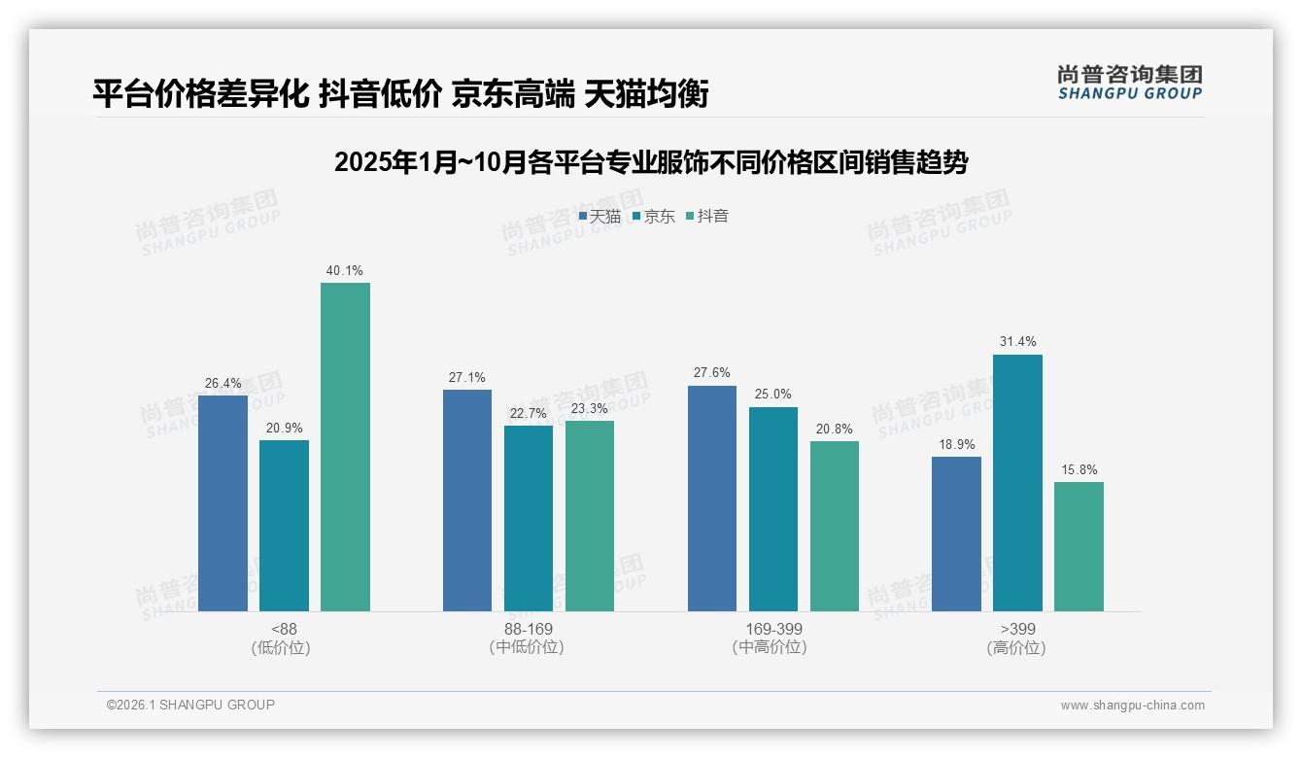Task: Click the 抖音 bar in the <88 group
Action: point(345,447)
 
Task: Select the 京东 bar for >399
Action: point(1017,483)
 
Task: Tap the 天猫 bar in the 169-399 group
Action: point(712,499)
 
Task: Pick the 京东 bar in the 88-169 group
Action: point(529,518)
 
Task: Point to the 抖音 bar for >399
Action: point(1079,546)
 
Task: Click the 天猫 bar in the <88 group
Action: point(223,503)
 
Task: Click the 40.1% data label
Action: point(345,271)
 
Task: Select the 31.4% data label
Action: point(1017,342)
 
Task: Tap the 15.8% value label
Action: point(1079,470)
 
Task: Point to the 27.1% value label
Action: point(467,378)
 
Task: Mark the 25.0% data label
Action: point(773,395)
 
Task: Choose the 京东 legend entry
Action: point(654,217)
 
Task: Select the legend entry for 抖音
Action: point(707,217)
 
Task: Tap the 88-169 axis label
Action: point(529,629)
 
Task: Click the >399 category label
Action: point(1016,629)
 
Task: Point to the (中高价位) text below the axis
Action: point(770,647)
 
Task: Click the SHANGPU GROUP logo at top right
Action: point(1129,83)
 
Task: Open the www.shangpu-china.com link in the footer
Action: point(1132,706)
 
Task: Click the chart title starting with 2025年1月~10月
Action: point(651,162)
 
